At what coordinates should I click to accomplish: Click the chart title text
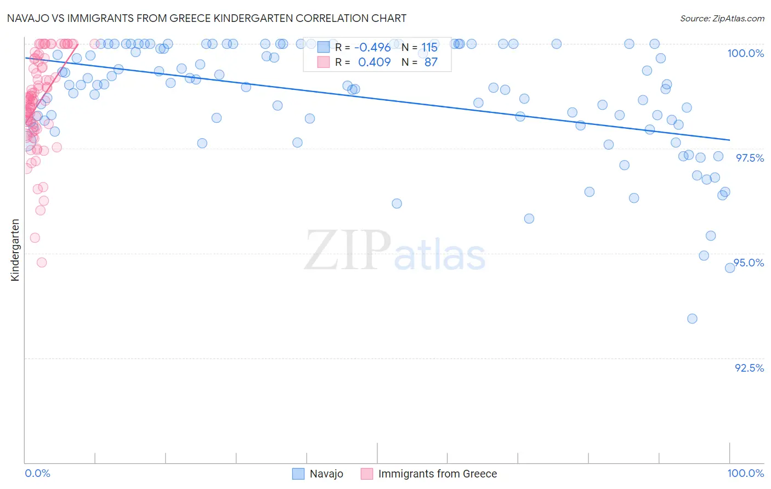[x=207, y=18]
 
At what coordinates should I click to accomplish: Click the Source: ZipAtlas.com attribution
[x=722, y=18]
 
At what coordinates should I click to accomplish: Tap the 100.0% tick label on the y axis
[x=745, y=53]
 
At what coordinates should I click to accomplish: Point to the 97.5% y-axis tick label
[x=749, y=158]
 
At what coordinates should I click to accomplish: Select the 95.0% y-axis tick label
[x=749, y=263]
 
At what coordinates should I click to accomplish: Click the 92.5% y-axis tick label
[x=749, y=368]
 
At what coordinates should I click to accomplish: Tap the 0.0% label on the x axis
[x=37, y=473]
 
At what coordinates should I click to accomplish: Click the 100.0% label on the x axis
[x=745, y=473]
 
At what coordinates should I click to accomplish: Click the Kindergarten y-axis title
[x=15, y=250]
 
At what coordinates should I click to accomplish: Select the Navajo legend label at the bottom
[x=326, y=474]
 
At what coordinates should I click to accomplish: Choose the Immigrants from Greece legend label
[x=437, y=474]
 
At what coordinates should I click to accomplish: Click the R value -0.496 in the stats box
[x=372, y=47]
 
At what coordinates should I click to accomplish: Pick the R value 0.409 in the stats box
[x=374, y=62]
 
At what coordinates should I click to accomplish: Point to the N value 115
[x=429, y=47]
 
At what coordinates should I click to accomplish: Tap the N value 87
[x=431, y=62]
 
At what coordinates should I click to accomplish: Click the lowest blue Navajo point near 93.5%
[x=692, y=319]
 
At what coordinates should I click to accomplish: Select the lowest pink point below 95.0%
[x=42, y=262]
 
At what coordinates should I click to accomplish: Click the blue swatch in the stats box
[x=324, y=47]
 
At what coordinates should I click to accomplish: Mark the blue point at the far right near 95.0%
[x=730, y=268]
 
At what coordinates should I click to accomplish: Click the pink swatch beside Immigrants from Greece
[x=366, y=474]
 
